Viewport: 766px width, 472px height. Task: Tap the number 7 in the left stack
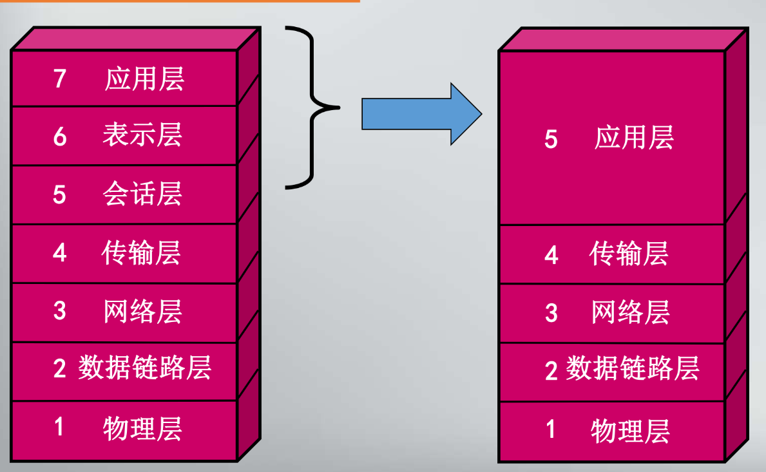coord(60,79)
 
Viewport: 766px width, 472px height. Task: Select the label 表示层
coord(142,135)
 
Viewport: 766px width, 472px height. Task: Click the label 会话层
coord(142,194)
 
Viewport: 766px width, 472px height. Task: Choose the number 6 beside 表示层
coord(60,136)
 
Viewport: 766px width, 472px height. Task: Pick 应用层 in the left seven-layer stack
coord(144,79)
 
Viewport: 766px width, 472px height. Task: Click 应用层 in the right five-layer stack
coord(634,138)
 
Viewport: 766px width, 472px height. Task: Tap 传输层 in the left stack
coord(142,252)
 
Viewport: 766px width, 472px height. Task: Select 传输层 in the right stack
coord(629,254)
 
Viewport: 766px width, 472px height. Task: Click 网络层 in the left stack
coord(143,312)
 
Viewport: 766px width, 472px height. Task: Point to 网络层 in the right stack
coord(631,313)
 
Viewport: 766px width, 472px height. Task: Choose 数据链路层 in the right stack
coord(633,370)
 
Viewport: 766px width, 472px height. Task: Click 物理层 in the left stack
coord(142,428)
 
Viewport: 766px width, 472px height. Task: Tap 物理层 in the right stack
coord(630,430)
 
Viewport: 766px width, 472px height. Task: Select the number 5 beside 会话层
coord(59,194)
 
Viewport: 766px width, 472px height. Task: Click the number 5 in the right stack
coord(551,139)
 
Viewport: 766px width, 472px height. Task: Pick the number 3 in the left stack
coord(60,312)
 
